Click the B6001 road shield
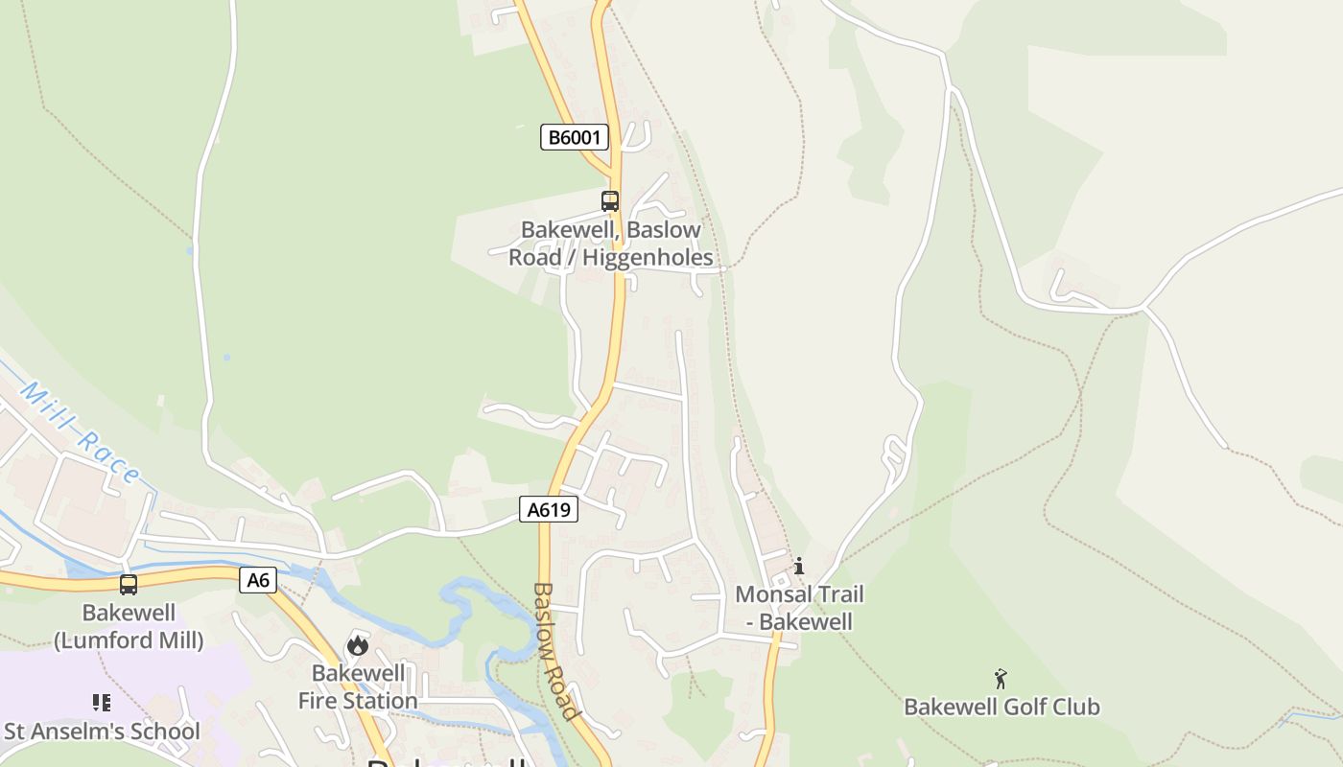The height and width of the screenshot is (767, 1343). tap(574, 137)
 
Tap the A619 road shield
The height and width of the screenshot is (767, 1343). tap(549, 509)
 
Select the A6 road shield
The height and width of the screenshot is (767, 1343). tap(257, 579)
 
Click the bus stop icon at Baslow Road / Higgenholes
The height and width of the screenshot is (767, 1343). tap(610, 201)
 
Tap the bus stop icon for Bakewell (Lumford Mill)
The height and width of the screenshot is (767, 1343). tap(129, 585)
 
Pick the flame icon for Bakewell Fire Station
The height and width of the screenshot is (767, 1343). tap(358, 645)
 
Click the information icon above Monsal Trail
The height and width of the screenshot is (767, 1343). tap(799, 566)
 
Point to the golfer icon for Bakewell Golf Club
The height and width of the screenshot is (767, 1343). tap(1001, 679)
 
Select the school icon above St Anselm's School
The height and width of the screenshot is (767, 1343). tap(102, 703)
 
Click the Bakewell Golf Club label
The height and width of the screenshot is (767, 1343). tap(1001, 708)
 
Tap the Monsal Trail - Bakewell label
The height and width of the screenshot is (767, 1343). tap(799, 608)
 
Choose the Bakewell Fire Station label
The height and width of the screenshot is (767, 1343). tap(358, 686)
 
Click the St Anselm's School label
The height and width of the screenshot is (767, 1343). tap(102, 732)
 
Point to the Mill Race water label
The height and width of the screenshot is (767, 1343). tap(81, 432)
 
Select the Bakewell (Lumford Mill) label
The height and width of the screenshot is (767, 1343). tap(129, 626)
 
